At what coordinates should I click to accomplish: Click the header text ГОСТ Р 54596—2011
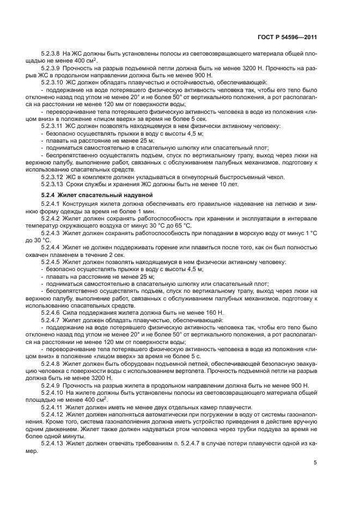coord(289,36)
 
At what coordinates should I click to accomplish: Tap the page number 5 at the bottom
coord(315,463)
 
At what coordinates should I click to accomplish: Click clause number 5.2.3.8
coord(52,54)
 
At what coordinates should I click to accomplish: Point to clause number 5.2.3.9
coord(52,69)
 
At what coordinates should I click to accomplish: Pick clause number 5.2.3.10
coord(54,83)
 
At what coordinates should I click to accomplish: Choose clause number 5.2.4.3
coord(52,232)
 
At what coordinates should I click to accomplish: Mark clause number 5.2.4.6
coord(52,312)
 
